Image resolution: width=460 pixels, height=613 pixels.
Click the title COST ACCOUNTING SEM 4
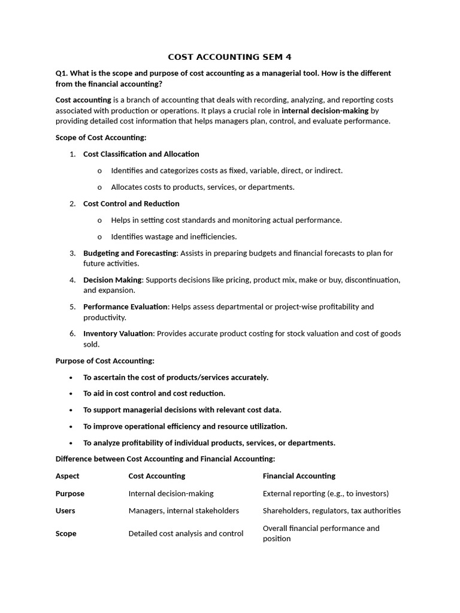point(229,57)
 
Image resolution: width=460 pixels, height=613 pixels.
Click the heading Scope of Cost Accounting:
point(101,138)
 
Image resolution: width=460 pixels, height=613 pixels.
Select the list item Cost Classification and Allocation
point(141,154)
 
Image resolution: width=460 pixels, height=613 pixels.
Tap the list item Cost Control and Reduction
point(131,204)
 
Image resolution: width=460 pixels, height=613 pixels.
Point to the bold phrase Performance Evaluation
point(125,306)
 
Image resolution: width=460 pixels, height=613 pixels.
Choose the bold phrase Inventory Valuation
point(119,333)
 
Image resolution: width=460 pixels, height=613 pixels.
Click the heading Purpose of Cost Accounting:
point(105,361)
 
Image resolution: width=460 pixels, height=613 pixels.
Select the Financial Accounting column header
point(299,476)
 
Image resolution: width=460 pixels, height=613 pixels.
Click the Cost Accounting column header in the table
point(157,476)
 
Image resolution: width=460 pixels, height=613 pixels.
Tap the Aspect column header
point(67,476)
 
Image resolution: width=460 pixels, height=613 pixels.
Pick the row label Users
point(65,511)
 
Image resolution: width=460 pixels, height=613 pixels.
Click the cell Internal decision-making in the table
point(171,494)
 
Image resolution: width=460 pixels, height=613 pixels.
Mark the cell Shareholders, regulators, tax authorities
point(332,511)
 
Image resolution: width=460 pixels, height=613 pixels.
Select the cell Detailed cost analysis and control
point(186,533)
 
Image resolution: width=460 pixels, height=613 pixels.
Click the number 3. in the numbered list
point(72,253)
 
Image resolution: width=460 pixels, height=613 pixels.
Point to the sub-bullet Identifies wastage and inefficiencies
point(174,236)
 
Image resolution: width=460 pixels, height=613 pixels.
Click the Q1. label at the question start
point(62,73)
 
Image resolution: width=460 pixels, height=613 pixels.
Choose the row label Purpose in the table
point(70,494)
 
